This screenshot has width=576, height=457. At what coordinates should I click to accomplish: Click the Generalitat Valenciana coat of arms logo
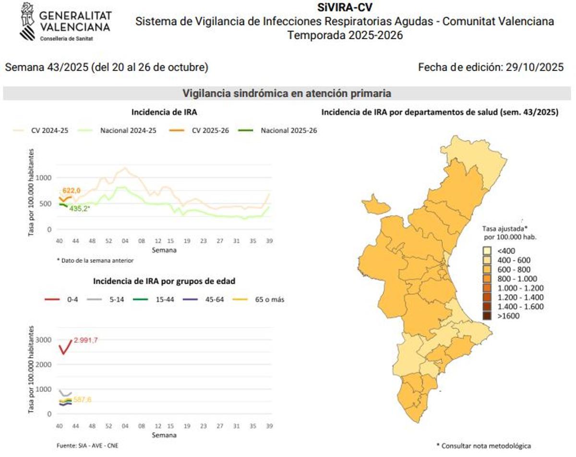coord(28,22)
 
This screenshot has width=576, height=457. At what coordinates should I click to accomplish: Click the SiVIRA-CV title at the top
coord(345,7)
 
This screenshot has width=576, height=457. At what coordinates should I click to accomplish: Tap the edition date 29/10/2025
coord(535,67)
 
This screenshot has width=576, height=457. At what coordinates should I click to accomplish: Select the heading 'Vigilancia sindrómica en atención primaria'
coord(287,93)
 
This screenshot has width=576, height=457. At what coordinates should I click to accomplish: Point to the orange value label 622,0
coord(72,191)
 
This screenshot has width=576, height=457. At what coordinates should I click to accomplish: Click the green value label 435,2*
coord(79,209)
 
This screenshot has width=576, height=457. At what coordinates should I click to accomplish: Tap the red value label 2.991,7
coord(86,340)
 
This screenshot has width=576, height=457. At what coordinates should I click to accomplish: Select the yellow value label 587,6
coord(82,399)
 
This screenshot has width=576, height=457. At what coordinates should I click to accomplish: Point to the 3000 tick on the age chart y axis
coord(44,340)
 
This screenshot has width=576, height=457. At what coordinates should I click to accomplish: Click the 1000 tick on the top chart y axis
coord(44,178)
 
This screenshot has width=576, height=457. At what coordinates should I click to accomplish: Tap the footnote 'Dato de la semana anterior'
coord(95,260)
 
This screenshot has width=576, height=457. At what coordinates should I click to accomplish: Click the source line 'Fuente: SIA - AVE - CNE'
coord(87,445)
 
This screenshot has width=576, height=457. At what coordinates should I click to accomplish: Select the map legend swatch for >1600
coord(487,316)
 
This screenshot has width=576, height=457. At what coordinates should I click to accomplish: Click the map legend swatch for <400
coord(487,251)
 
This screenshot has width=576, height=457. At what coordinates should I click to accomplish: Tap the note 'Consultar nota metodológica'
coord(483,446)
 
